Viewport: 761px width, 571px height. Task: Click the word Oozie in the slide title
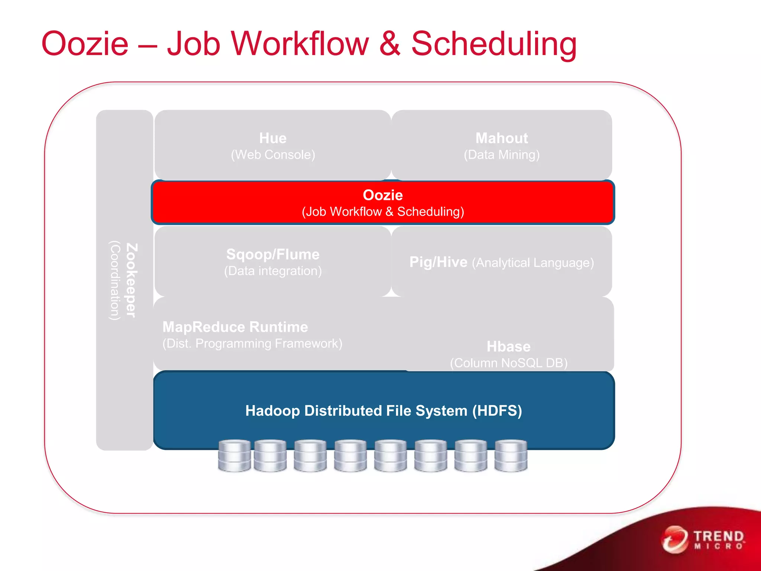pos(85,44)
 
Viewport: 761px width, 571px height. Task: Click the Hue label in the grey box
pos(273,138)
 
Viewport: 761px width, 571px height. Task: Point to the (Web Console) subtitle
pos(273,155)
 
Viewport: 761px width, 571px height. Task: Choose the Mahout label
pos(501,138)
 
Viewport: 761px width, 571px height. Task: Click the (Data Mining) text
pos(501,155)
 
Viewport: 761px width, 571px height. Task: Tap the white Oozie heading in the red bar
pos(383,195)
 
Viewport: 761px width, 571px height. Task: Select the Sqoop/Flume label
pos(273,254)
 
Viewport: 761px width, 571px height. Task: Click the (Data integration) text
pos(273,271)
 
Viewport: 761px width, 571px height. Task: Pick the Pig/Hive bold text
pos(438,262)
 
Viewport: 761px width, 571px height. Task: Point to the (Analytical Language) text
pos(532,263)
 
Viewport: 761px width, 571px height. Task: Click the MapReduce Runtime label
pos(235,327)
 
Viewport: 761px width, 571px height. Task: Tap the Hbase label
pos(508,346)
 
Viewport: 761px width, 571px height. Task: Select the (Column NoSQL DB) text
pos(508,363)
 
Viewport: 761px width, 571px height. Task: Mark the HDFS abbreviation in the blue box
pos(497,411)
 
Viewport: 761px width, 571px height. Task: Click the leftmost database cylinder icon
pos(234,456)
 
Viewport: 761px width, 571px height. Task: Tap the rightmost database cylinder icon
pos(511,456)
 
